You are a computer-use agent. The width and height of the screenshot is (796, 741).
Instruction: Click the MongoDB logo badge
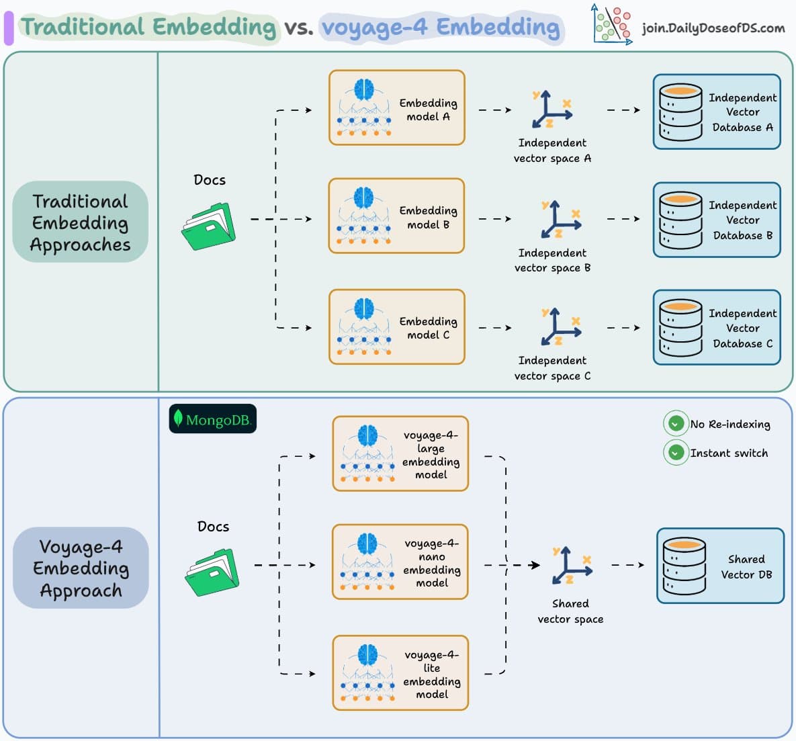[x=212, y=419]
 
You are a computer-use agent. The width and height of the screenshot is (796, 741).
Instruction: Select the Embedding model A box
[x=396, y=107]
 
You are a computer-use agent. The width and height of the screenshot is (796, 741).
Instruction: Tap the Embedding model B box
[x=396, y=216]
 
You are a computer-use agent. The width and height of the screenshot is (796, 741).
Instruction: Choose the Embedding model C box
[x=396, y=327]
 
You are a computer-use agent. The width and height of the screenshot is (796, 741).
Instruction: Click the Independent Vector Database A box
[x=717, y=112]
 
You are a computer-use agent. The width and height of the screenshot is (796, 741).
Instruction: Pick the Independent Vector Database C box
[x=717, y=328]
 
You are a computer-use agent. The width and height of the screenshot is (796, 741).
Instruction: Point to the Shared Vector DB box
[x=720, y=566]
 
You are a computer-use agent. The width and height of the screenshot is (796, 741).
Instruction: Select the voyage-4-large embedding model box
[x=400, y=454]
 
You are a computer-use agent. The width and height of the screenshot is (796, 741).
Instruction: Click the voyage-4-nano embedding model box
[x=400, y=562]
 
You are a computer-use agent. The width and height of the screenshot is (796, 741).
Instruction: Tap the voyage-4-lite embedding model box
[x=400, y=673]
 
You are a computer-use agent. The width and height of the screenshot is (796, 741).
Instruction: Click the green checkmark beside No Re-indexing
[x=676, y=424]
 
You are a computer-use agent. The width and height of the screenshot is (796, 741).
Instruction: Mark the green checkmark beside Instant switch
[x=676, y=453]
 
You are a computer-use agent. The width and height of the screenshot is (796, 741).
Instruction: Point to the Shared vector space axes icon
[x=570, y=566]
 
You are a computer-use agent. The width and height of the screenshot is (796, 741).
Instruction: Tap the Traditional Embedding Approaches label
[x=80, y=222]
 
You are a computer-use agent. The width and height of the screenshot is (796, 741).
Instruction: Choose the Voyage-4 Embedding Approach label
[x=81, y=568]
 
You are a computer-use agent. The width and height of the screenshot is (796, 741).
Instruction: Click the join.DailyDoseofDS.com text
[x=713, y=28]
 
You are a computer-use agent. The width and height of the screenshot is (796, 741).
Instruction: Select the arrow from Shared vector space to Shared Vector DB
[x=627, y=565]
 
